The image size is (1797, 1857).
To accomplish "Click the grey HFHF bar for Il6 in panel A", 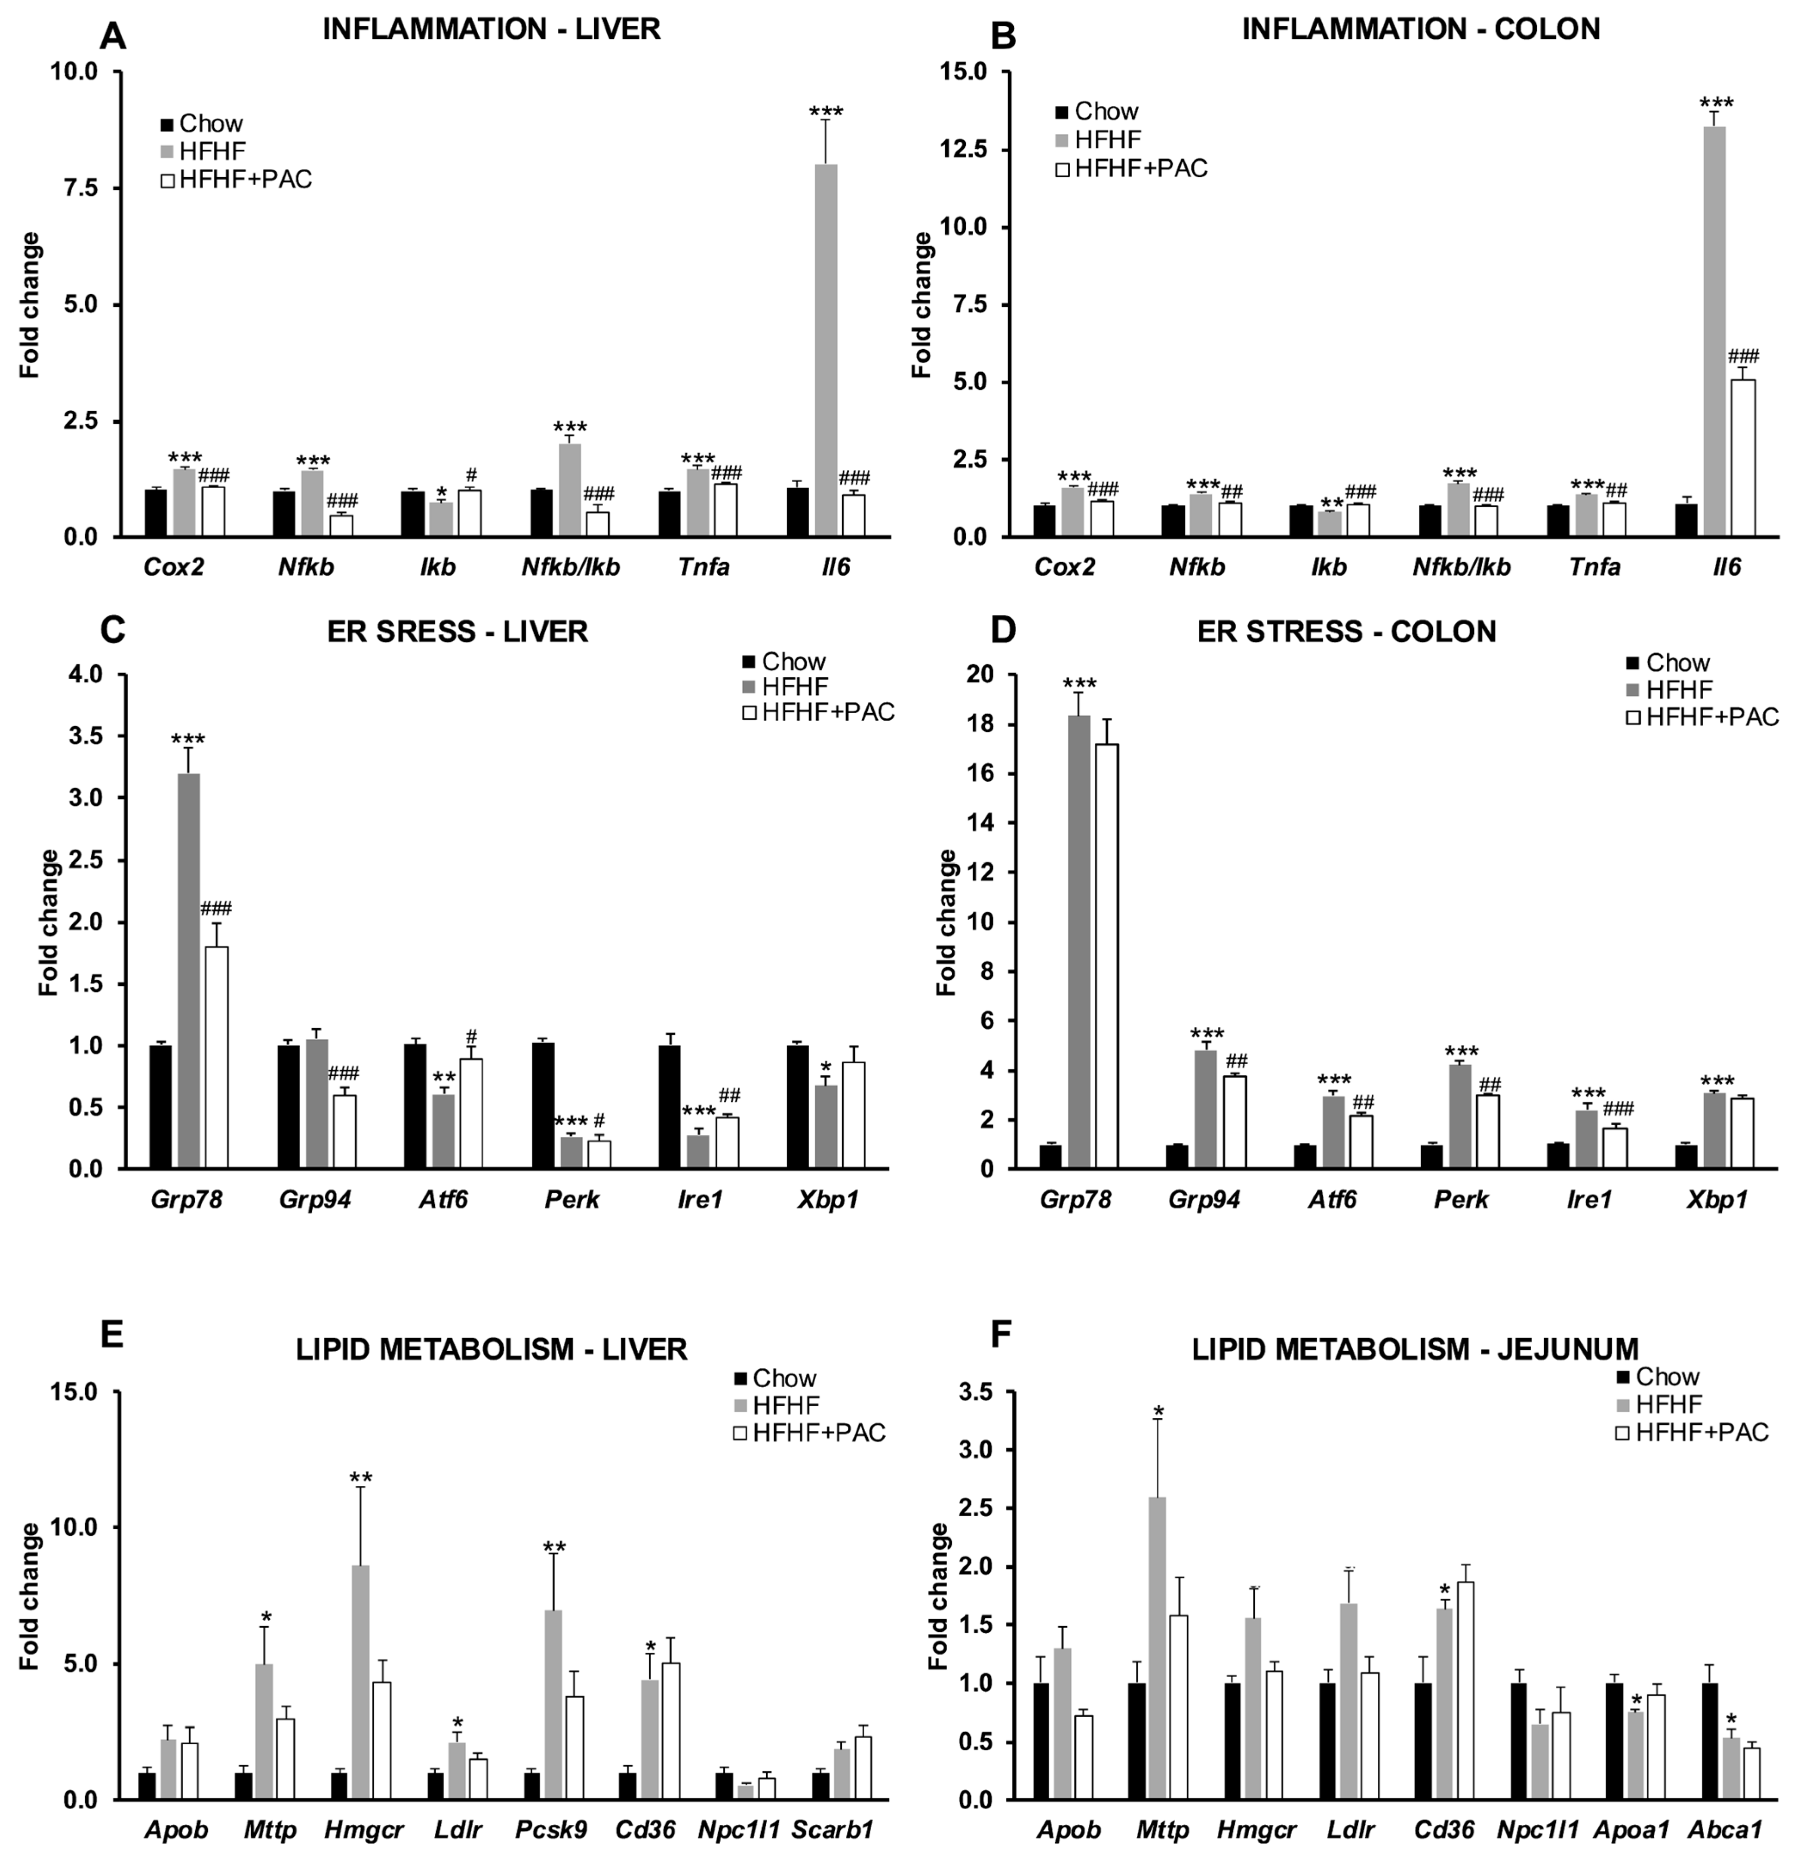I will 825,351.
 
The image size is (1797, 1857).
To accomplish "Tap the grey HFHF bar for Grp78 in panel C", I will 187,971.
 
